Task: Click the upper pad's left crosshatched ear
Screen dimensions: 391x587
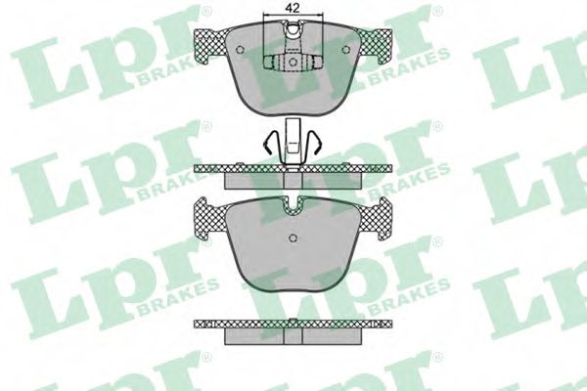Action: tap(211, 42)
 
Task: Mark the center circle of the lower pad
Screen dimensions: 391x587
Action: tap(291, 241)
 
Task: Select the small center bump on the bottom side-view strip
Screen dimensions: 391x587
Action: tap(291, 320)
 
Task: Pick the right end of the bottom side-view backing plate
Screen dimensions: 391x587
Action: tap(384, 324)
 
